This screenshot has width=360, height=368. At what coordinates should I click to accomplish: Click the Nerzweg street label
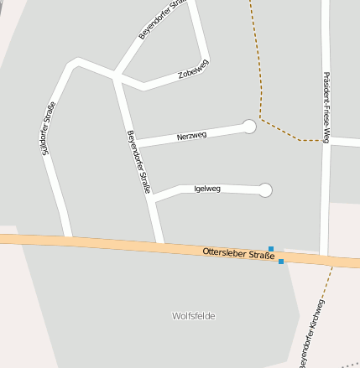191,135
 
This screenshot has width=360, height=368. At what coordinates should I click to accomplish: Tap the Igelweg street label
206,189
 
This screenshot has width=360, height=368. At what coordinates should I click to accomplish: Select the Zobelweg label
193,73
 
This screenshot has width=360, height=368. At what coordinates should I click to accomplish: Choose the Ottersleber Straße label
238,253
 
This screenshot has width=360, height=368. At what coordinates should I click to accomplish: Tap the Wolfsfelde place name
193,316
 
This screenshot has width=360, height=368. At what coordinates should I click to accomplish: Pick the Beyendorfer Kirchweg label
311,334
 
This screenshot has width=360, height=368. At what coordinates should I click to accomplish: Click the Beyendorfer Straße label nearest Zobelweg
161,21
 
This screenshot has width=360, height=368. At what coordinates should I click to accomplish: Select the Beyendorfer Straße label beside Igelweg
138,162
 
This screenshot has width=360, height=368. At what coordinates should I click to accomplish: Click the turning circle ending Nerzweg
249,126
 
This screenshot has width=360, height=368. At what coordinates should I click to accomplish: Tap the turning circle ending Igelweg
265,190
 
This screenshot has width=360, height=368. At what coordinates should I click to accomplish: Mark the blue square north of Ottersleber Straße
271,248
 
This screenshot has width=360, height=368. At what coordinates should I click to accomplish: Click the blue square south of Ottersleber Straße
280,262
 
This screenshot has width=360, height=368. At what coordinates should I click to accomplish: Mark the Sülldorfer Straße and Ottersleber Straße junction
68,241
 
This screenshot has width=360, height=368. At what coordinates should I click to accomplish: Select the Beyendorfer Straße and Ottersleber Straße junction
160,246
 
